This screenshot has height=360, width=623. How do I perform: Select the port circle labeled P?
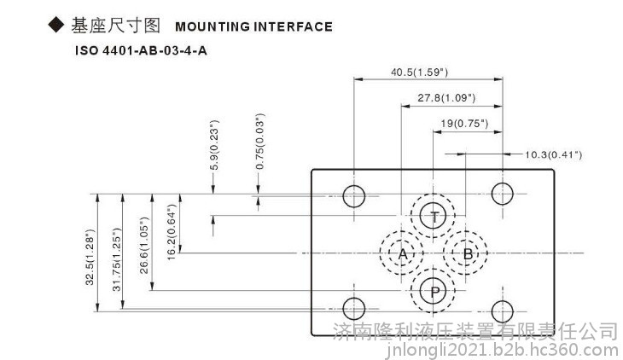coord(433,278)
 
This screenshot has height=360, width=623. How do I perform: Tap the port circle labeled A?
coord(401,241)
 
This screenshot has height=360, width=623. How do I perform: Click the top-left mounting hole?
coord(353,186)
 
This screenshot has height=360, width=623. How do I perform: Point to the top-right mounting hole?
coord(502,183)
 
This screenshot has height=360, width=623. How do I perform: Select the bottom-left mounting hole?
coord(353,298)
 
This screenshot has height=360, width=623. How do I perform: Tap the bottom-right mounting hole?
coord(502,301)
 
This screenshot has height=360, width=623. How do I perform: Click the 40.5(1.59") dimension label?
coord(420,73)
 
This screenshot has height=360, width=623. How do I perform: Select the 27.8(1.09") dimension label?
coord(446,98)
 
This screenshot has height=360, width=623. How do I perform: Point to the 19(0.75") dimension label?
coord(464,124)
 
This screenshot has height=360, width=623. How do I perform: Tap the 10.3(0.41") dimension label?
coord(554,154)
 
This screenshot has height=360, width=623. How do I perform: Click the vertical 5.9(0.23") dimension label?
coord(214,145)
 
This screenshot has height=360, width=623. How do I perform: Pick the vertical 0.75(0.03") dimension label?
coord(259,142)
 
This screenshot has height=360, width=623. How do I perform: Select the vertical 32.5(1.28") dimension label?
coord(90,257)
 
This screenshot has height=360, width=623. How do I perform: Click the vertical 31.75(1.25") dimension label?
coord(116,259)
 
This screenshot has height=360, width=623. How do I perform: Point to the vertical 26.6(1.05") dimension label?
coord(144,246)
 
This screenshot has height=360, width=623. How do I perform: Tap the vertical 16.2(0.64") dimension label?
coord(172,232)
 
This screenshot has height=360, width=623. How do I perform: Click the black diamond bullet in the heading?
coord(56,25)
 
